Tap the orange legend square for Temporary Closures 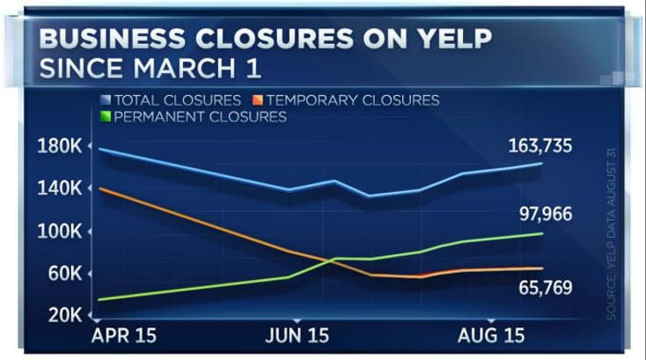(x=256, y=100)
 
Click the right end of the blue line (x=541, y=163)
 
